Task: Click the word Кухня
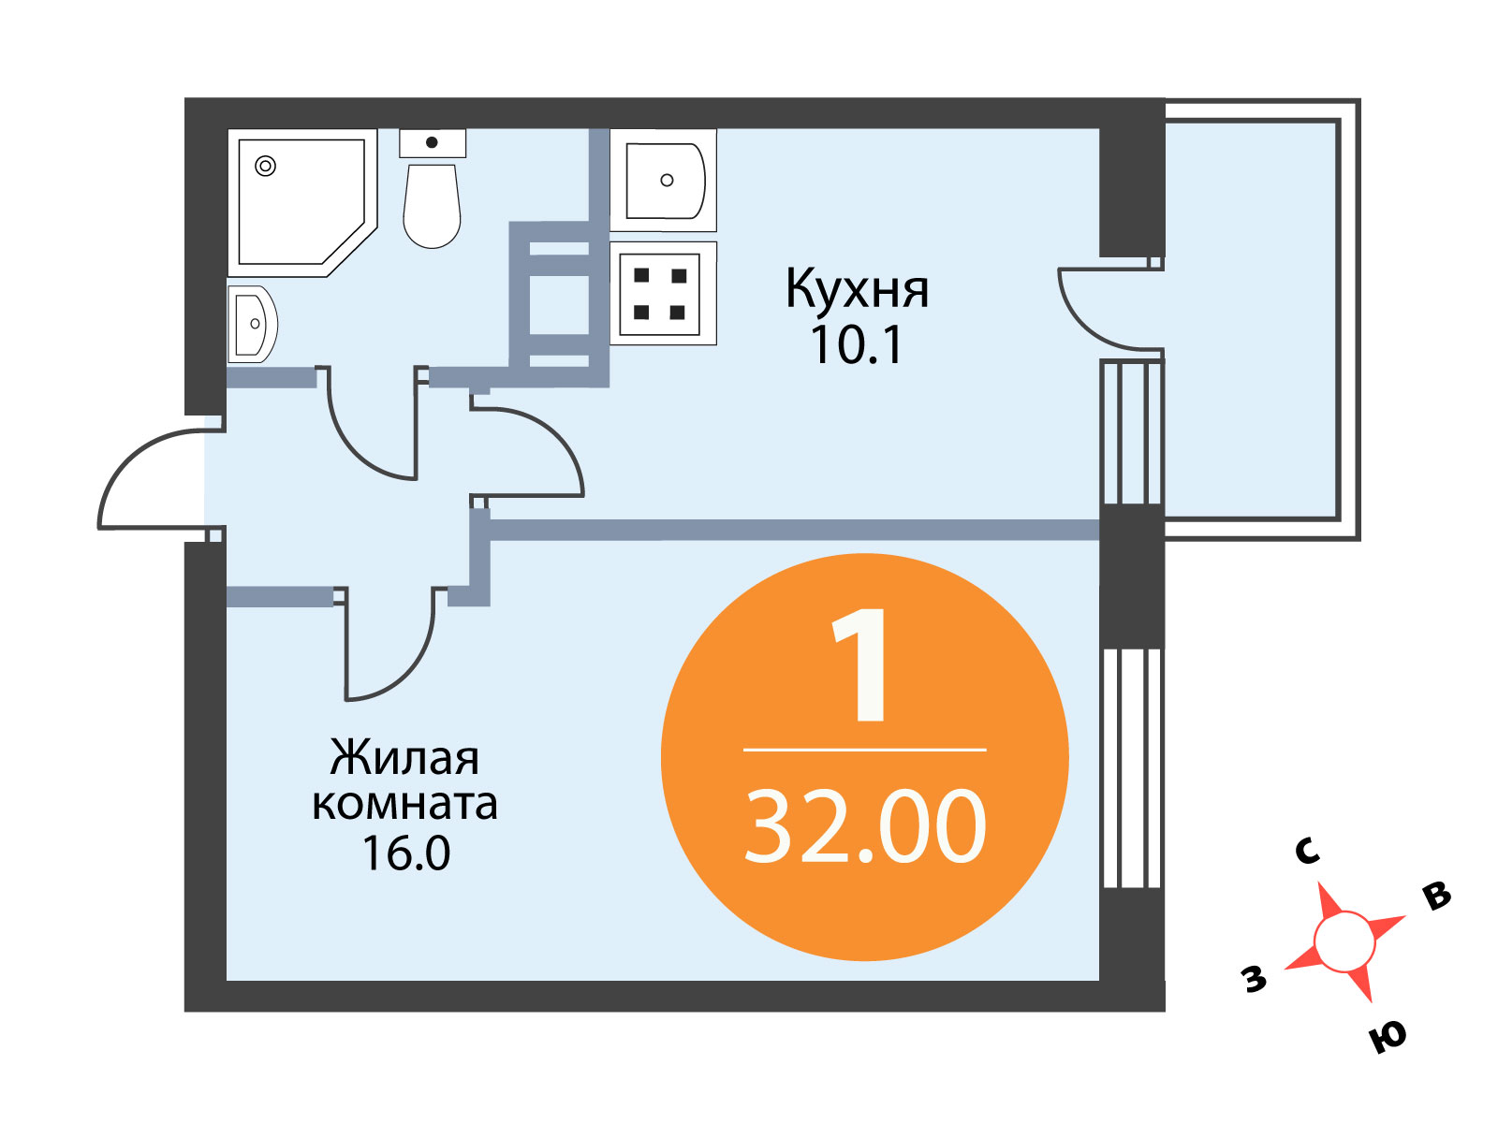[x=857, y=290]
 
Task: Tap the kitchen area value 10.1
[x=857, y=345]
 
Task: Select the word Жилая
[x=404, y=757]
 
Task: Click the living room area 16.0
[x=406, y=853]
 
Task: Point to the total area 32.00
[x=865, y=826]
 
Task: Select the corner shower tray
[x=302, y=202]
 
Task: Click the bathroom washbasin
[x=253, y=324]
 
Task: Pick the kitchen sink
[x=664, y=181]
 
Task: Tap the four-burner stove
[x=664, y=293]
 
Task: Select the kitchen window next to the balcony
[x=1132, y=433]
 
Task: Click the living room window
[x=1132, y=768]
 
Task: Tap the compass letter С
[x=1307, y=851]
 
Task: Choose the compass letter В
[x=1436, y=896]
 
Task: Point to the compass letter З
[x=1254, y=979]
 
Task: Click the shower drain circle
[x=265, y=166]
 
